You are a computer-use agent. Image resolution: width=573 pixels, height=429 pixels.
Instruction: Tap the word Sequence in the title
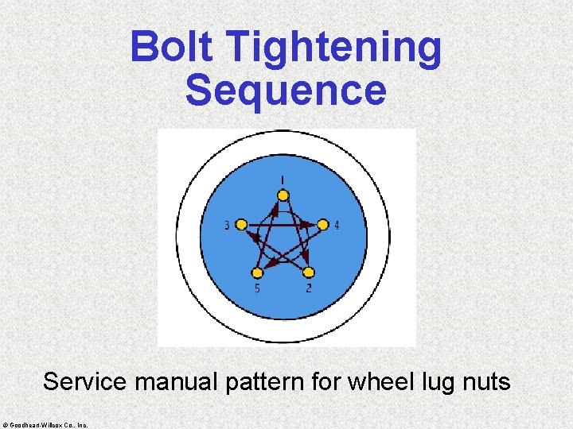(x=286, y=90)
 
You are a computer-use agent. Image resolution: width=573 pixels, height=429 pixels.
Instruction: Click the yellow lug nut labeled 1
(x=283, y=195)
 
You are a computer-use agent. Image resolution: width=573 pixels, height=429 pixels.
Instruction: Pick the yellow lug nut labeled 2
(x=309, y=272)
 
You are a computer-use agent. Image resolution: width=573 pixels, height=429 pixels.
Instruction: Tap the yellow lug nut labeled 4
(x=323, y=225)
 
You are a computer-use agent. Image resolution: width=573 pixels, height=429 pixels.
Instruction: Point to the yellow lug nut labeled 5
(x=257, y=272)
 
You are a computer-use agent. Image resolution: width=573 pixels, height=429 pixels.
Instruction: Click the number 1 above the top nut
(x=283, y=178)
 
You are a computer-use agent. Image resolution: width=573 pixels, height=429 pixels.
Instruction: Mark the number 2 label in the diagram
(x=309, y=288)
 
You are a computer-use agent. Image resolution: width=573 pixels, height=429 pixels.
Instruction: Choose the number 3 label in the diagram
(x=227, y=226)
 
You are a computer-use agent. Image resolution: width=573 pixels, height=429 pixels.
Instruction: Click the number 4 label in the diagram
(x=337, y=226)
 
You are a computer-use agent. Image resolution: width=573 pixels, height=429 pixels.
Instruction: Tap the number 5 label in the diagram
(x=257, y=288)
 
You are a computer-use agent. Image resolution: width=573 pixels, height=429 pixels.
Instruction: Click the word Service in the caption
(x=85, y=382)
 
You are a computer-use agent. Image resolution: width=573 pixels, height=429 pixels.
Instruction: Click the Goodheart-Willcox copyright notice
(x=45, y=423)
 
